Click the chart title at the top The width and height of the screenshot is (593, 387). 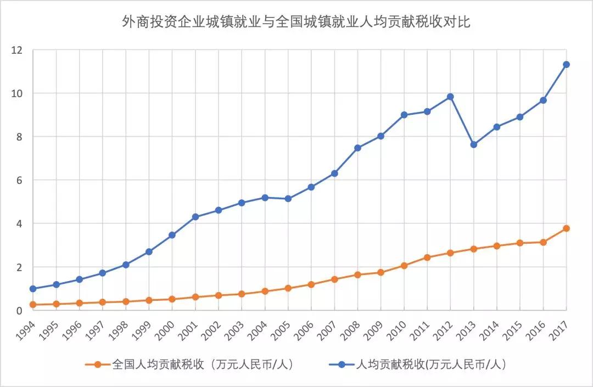296,23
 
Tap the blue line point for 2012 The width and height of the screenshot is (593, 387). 450,97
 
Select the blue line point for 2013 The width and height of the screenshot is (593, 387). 473,144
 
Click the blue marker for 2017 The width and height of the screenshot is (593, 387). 566,64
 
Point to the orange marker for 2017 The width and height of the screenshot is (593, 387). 566,228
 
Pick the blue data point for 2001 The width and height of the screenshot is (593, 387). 195,217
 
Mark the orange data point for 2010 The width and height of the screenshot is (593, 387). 404,266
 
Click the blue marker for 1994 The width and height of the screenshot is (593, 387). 33,289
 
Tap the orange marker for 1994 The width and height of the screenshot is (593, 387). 33,305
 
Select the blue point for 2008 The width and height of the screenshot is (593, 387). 357,148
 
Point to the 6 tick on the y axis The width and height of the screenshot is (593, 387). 20,180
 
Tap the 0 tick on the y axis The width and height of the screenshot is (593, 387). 20,311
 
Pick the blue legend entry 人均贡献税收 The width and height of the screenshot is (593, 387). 423,364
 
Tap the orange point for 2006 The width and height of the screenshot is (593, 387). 311,284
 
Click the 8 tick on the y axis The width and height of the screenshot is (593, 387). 20,137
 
